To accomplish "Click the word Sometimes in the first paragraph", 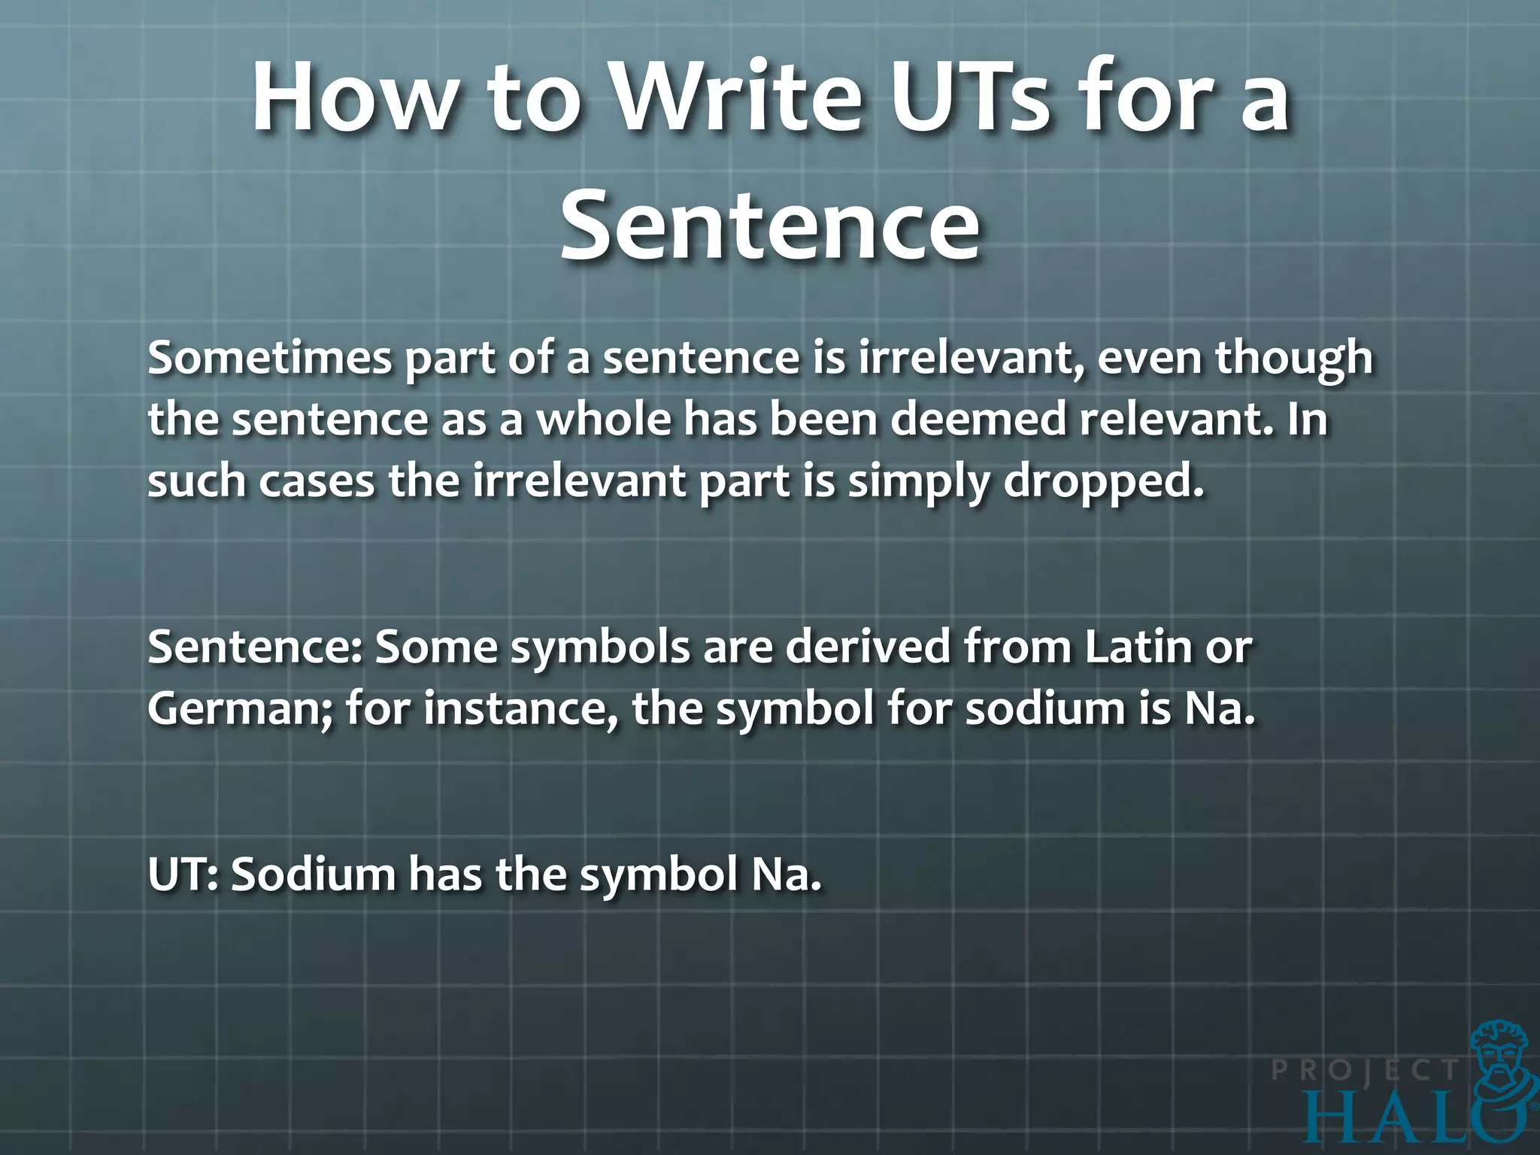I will pyautogui.click(x=270, y=357).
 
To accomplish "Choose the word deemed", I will pyautogui.click(x=978, y=419).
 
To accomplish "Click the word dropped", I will pyautogui.click(x=1104, y=482).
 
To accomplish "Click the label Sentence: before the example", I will pyautogui.click(x=256, y=647).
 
